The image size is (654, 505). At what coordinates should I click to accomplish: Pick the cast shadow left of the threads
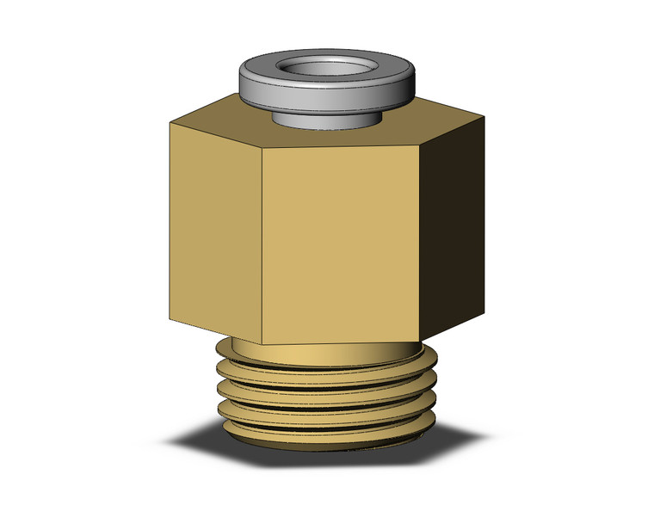(194, 443)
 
